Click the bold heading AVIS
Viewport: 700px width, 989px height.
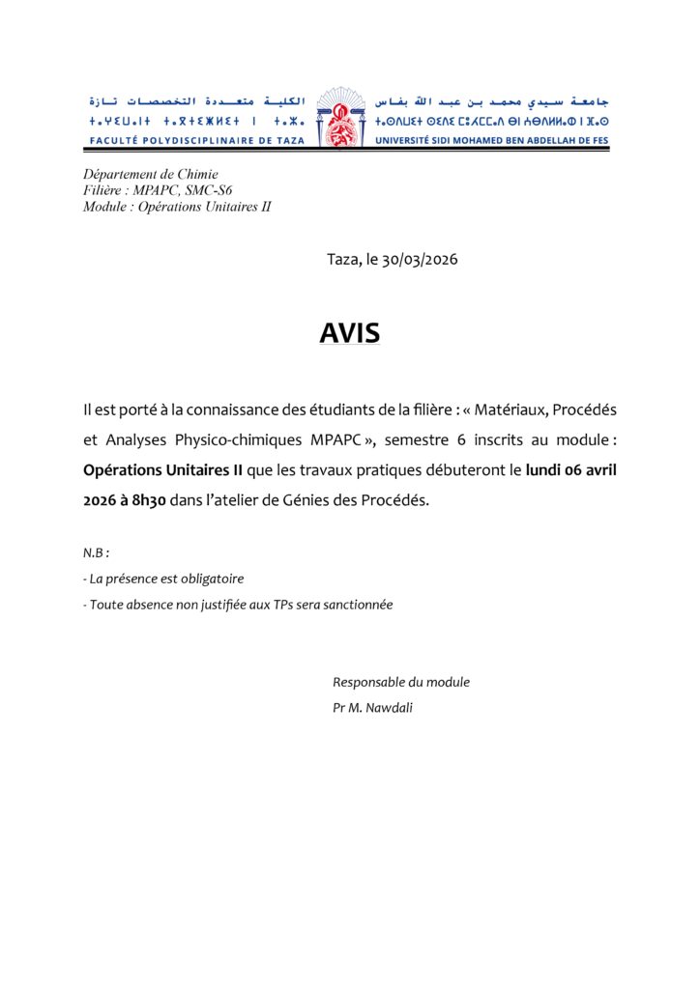click(x=350, y=332)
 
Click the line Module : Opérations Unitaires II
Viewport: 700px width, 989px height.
click(x=177, y=206)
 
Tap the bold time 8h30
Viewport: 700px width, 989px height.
click(x=157, y=500)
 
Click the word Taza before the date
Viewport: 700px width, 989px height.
click(x=342, y=260)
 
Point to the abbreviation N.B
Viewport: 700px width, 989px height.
click(x=96, y=553)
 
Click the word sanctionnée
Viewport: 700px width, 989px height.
click(x=356, y=605)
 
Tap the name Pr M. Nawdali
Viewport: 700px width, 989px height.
click(x=374, y=707)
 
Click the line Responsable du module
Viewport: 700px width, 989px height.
click(x=401, y=682)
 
